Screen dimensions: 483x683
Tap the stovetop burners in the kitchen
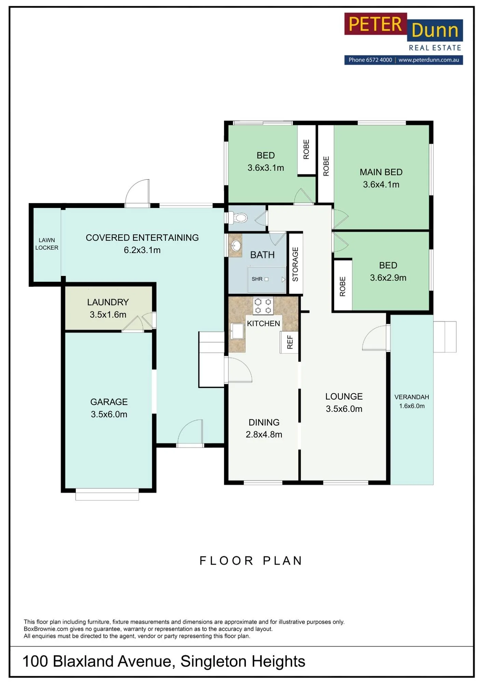pos(263,306)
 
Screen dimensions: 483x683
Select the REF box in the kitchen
pos(289,342)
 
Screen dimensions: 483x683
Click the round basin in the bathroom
pos(236,245)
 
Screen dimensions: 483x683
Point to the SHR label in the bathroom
pos(257,279)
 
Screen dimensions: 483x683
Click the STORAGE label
pos(295,264)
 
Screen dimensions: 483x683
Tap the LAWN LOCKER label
pos(47,244)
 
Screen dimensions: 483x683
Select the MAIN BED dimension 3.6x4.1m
pos(381,184)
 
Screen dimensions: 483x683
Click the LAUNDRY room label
pos(108,302)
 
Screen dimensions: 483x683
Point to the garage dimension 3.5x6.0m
pos(109,414)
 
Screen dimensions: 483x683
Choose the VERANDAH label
pos(412,397)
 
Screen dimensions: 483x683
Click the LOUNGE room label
pos(344,396)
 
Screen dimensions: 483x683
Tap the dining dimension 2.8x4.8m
pos(264,434)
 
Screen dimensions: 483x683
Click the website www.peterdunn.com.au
pos(429,60)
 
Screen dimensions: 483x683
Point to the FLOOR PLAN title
pos(251,561)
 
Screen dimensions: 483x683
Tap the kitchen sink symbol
pos(237,331)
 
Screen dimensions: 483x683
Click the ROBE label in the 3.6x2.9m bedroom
pos(343,287)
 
